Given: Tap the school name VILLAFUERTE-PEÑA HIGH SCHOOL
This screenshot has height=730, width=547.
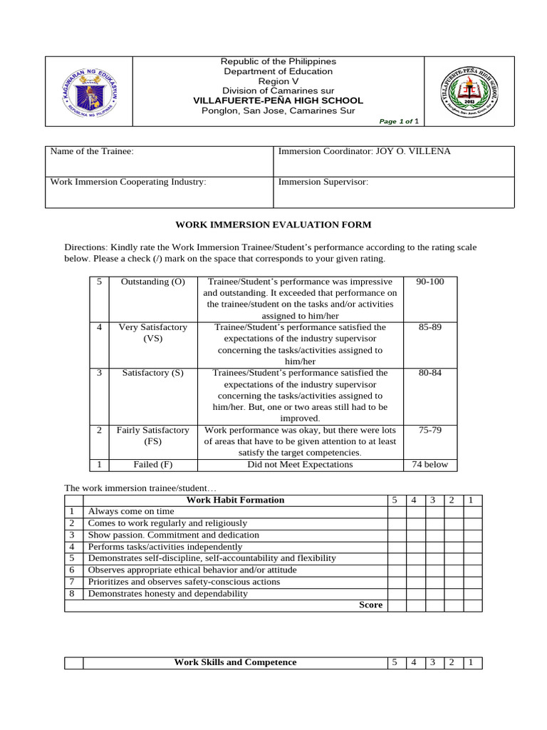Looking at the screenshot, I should tap(278, 101).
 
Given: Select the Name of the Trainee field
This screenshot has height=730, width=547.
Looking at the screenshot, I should tap(160, 160).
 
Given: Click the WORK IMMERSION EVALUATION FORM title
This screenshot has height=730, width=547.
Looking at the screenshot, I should tap(273, 225).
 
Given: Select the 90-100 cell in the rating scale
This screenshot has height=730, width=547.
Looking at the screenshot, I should tap(429, 282).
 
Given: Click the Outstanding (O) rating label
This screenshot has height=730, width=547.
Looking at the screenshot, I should tap(153, 282).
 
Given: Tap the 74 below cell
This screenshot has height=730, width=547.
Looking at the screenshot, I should tap(429, 464).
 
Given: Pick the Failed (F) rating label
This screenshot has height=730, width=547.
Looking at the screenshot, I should tap(153, 464).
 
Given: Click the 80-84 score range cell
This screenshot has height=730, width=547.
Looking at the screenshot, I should tap(429, 373).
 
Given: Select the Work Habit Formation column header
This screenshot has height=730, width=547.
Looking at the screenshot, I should tap(235, 500).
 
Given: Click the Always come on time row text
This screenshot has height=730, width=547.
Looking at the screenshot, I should tap(130, 511).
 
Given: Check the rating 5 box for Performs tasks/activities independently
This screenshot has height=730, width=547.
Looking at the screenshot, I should tap(396, 547).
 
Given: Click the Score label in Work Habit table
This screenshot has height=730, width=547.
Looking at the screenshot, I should tap(370, 605).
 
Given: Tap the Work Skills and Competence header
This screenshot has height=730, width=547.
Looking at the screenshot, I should tap(235, 662).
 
